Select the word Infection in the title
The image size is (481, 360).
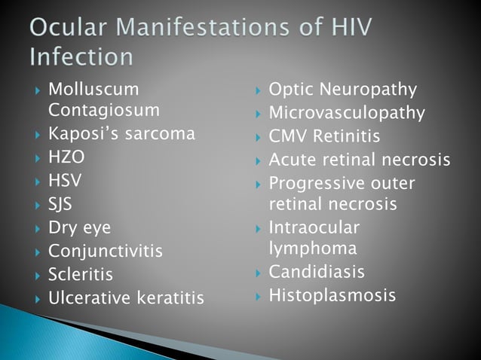pyautogui.click(x=82, y=57)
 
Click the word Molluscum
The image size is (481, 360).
pyautogui.click(x=93, y=90)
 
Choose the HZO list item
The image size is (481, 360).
pyautogui.click(x=66, y=158)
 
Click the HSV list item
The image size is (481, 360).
pyautogui.click(x=65, y=181)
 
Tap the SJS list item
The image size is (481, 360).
pyautogui.click(x=62, y=204)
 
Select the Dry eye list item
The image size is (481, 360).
pyautogui.click(x=79, y=227)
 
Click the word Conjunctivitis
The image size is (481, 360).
pyautogui.click(x=105, y=251)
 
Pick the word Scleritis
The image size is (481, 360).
pyautogui.click(x=80, y=274)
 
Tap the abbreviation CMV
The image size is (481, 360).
pyautogui.click(x=290, y=137)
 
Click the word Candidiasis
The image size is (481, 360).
pyautogui.click(x=317, y=271)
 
